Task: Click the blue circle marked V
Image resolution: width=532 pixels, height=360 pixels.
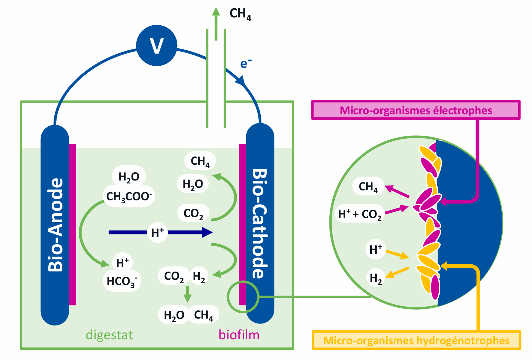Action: point(157,46)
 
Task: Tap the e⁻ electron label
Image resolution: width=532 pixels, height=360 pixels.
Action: point(245,63)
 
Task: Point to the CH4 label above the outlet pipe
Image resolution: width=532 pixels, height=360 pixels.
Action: point(240,14)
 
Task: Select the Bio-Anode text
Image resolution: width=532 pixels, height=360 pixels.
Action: point(55,225)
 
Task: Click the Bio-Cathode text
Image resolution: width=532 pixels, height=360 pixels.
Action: point(260,224)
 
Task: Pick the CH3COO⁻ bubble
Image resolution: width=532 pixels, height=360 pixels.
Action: point(129,196)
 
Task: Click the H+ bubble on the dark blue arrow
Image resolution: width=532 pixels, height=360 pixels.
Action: point(157,232)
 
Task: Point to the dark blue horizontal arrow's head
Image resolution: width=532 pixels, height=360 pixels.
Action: point(207,232)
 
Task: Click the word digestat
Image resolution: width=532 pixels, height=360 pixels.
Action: point(109,335)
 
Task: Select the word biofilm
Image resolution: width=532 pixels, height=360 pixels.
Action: point(239,335)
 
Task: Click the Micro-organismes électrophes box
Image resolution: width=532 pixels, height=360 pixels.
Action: point(416,110)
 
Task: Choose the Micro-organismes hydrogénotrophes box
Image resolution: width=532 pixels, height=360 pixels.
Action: point(416,340)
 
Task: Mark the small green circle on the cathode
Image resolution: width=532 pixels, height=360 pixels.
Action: point(243,297)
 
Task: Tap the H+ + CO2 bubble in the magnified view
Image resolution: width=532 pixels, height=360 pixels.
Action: point(360,214)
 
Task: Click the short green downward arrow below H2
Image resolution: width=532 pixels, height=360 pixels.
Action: point(187,294)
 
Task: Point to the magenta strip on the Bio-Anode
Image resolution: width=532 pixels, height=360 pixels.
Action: point(73,225)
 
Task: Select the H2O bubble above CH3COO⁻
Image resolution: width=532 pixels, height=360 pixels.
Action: point(129,177)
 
